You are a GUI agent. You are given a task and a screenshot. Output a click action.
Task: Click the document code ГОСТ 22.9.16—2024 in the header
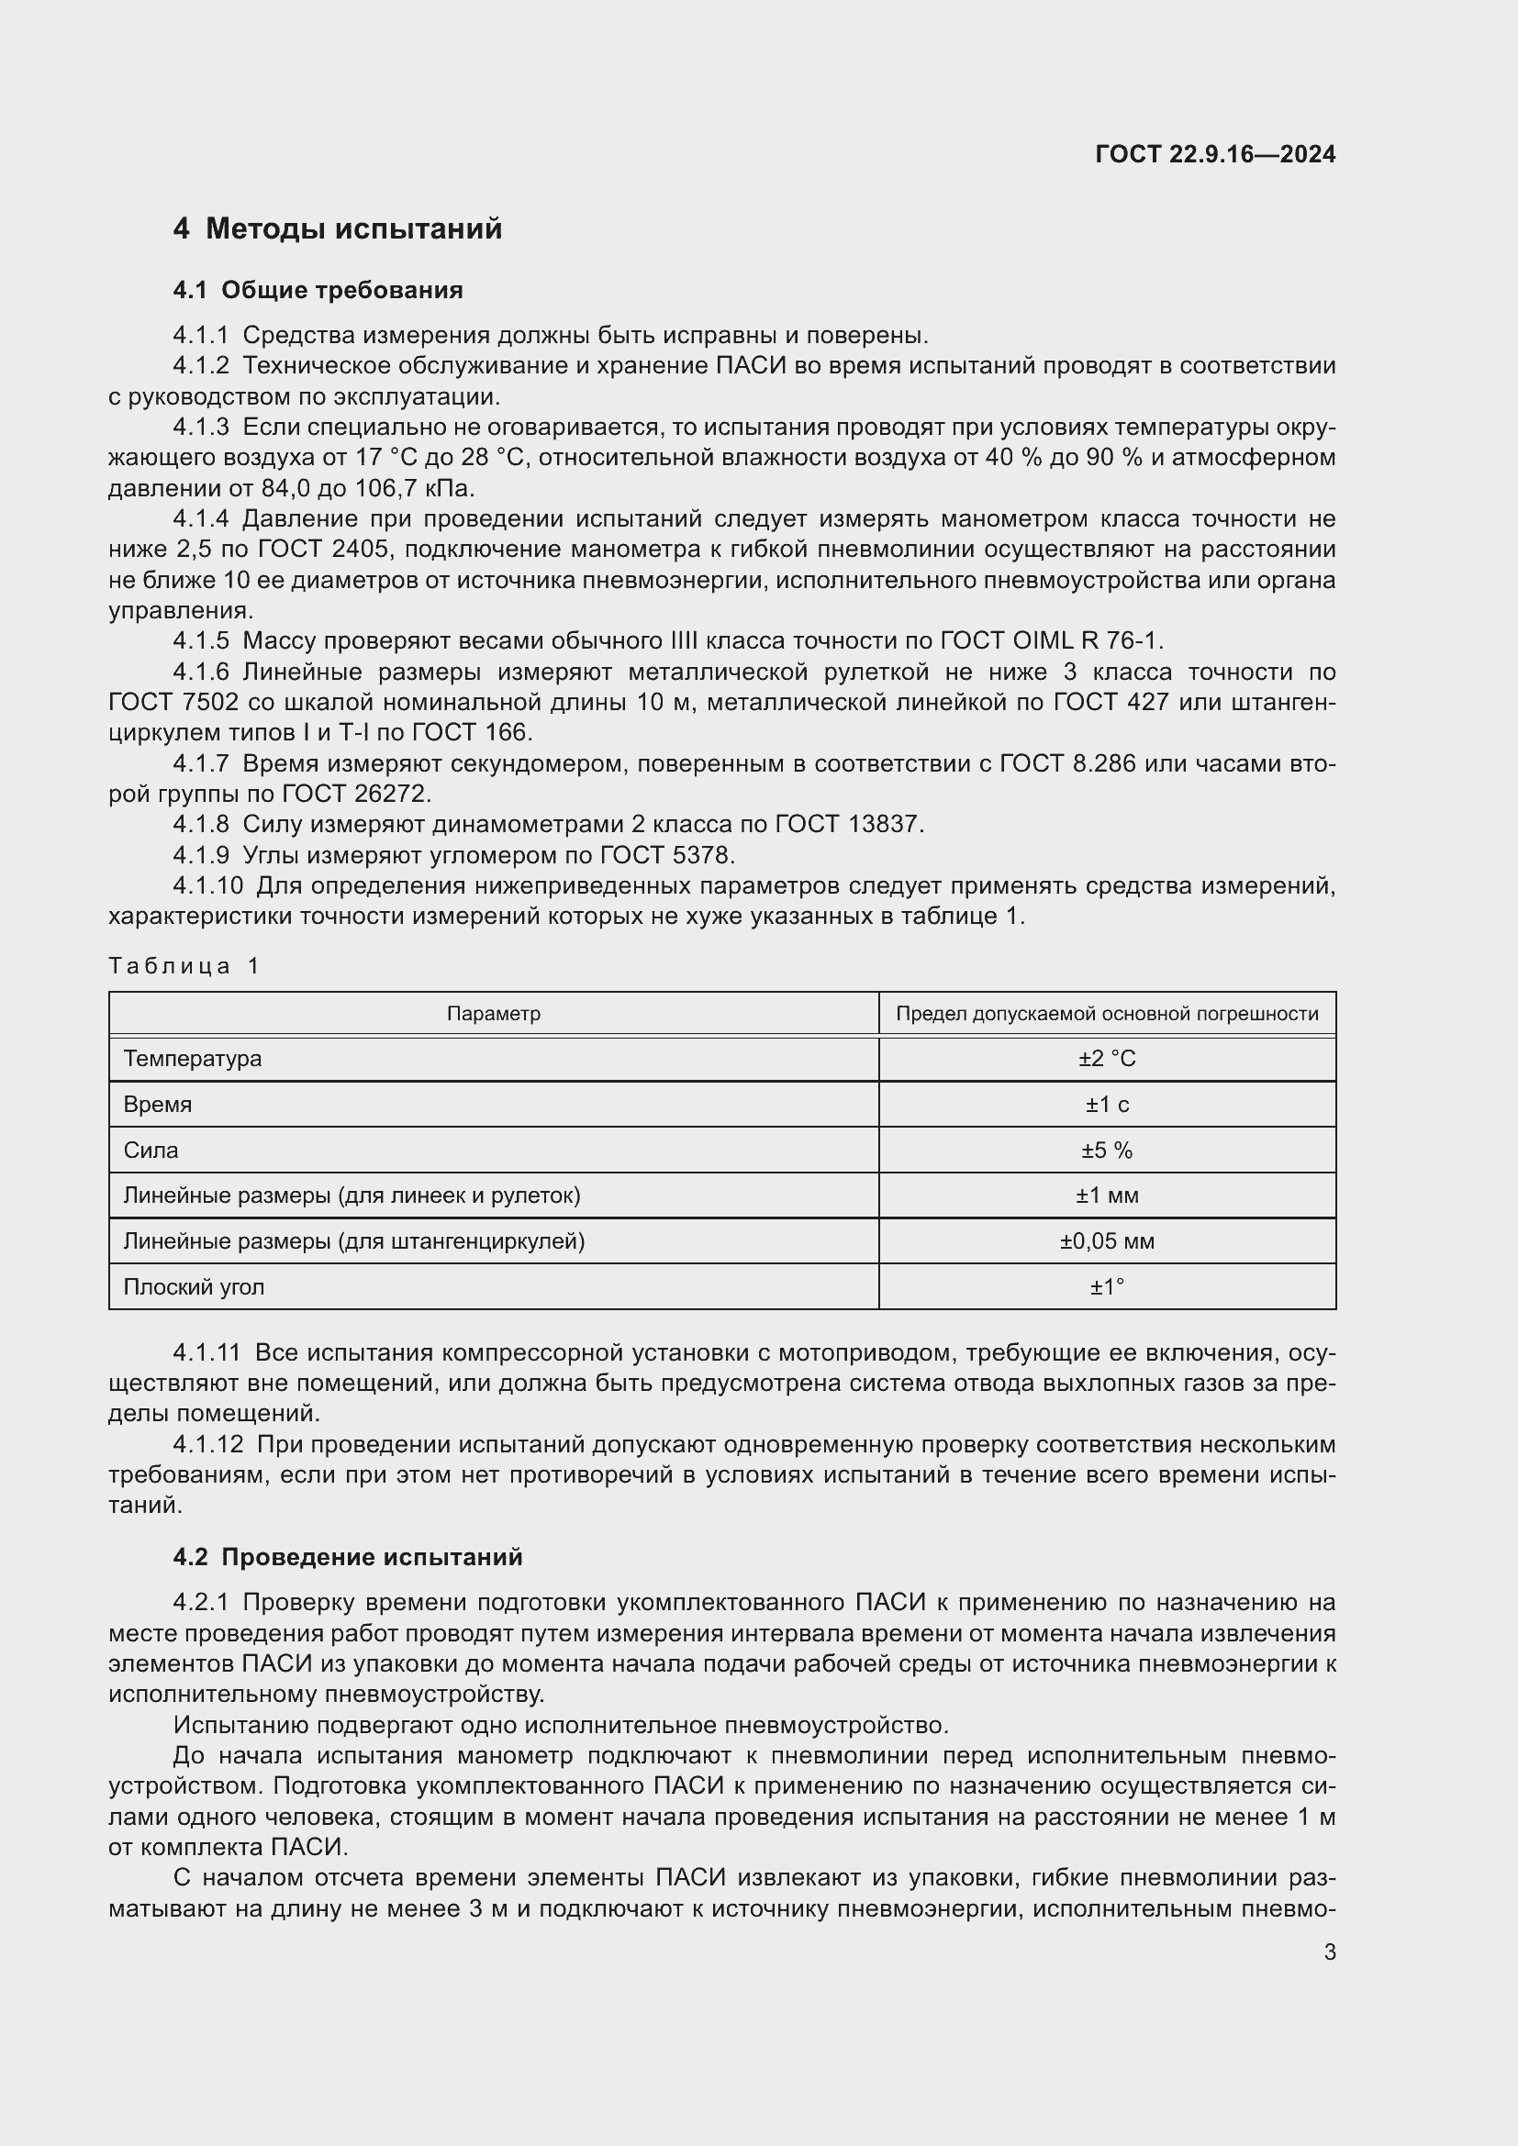coord(1214,154)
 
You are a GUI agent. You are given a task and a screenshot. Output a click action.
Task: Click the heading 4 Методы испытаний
coord(338,229)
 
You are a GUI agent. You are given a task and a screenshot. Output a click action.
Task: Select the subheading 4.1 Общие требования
coord(318,290)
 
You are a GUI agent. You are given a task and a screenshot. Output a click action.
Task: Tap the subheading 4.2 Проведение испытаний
coord(348,1557)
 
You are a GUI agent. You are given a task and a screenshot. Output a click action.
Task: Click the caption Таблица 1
coord(184,965)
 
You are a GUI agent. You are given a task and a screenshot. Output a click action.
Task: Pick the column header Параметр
coord(494,1014)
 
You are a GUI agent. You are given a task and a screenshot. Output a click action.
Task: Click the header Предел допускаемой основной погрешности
coord(1107,1014)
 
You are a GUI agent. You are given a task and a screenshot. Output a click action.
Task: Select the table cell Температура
coord(193,1059)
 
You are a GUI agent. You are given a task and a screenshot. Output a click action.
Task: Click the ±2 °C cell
coord(1107,1059)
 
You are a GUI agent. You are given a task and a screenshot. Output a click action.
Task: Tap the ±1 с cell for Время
coord(1107,1105)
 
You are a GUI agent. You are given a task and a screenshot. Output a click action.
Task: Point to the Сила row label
coord(151,1151)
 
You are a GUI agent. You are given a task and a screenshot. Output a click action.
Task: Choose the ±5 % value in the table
coord(1107,1151)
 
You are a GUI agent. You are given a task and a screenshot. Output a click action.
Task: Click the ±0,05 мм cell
coord(1107,1241)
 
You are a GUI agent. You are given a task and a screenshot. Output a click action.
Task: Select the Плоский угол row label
coord(195,1287)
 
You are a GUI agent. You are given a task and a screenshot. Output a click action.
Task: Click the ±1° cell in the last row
coord(1107,1287)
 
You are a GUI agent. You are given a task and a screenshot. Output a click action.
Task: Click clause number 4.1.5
coord(200,641)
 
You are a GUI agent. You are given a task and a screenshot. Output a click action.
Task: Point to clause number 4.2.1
coord(200,1602)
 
